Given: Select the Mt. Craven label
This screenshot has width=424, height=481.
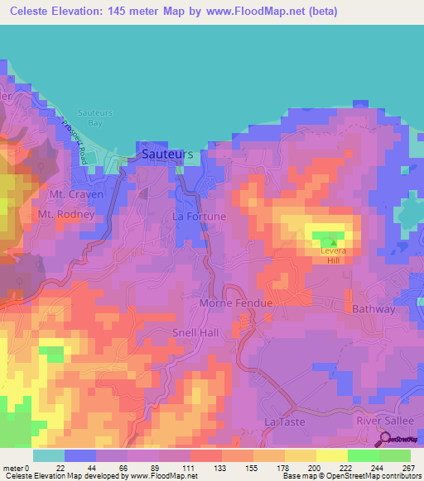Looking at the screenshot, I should [76, 194].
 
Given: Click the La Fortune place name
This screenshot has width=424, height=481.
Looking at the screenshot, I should [199, 217].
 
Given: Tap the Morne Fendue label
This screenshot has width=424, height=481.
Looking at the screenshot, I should [236, 303].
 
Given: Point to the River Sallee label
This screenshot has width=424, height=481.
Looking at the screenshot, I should [383, 421].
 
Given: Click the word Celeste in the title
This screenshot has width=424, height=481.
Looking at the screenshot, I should [32, 11].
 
